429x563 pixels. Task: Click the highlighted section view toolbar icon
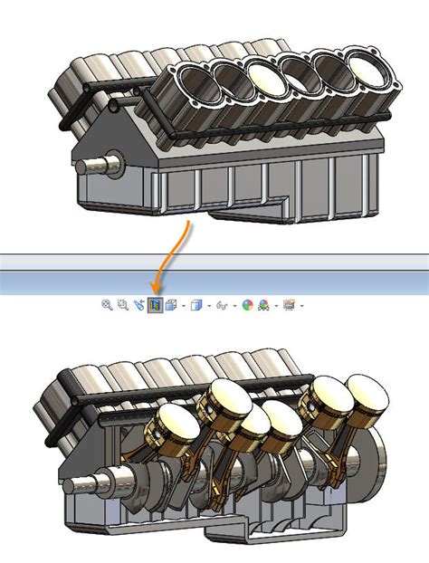(155, 306)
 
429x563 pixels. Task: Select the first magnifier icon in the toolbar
(107, 306)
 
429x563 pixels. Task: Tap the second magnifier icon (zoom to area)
(122, 306)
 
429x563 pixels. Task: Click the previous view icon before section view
(138, 306)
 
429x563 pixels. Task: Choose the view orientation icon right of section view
(171, 306)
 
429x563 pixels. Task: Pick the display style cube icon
(198, 306)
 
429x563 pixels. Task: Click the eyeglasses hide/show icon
(222, 306)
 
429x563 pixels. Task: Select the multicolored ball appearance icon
(248, 306)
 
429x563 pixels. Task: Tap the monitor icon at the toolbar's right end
(289, 306)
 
